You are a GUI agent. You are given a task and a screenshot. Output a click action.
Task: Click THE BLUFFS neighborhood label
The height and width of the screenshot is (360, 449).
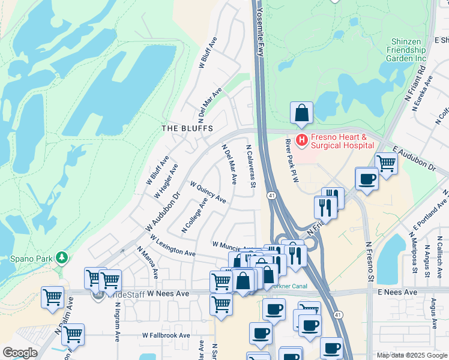coord(187,128)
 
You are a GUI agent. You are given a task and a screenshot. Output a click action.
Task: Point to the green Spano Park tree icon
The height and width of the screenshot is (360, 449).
coord(61,258)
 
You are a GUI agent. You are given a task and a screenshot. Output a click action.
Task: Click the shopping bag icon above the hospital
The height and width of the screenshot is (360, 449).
coord(301,112)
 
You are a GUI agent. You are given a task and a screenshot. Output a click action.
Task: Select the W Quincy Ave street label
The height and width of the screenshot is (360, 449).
coord(208,192)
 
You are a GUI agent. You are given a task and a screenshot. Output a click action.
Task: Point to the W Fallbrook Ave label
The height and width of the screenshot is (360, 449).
coord(166,335)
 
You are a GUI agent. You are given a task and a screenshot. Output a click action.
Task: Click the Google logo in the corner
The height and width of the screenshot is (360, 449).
coord(19,353)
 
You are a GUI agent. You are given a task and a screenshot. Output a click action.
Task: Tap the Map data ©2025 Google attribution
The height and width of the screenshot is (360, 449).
coord(412,355)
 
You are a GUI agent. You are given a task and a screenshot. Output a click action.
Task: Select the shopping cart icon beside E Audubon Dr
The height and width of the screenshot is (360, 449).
coord(385,162)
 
